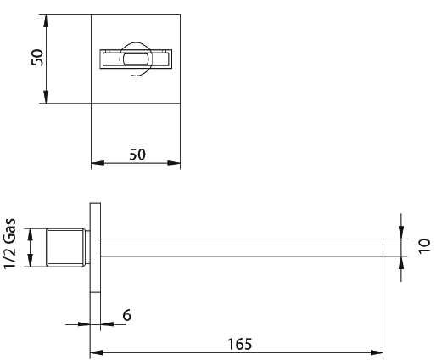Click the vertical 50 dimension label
pyautogui.click(x=37, y=58)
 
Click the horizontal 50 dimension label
pyautogui.click(x=137, y=155)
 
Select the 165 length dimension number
pyautogui.click(x=240, y=344)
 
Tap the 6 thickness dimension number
pyautogui.click(x=127, y=315)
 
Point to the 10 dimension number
pyautogui.click(x=424, y=246)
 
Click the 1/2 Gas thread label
pyautogui.click(x=10, y=244)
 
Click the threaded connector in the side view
pyautogui.click(x=68, y=247)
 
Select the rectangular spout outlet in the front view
pyautogui.click(x=136, y=59)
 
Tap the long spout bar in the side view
pyautogui.click(x=242, y=248)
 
